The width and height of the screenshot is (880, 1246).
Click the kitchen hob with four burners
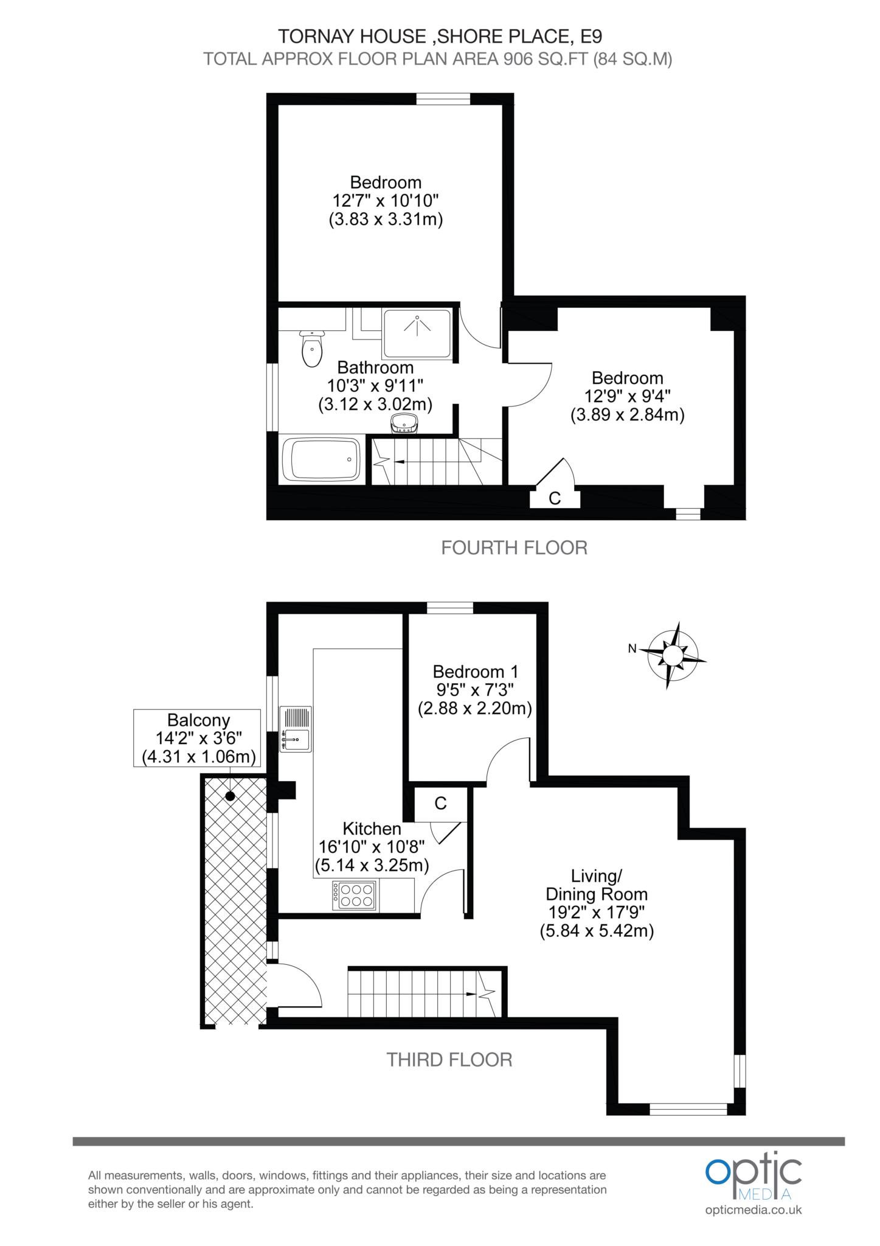click(355, 896)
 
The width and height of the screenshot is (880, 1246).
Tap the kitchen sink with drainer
click(296, 729)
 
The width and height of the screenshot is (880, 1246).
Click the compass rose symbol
click(672, 655)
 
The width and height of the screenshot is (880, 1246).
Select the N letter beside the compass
click(632, 649)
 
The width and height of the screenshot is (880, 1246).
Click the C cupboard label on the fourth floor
click(555, 498)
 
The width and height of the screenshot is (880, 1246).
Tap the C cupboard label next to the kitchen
click(440, 803)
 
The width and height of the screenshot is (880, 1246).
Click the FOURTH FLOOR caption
click(514, 548)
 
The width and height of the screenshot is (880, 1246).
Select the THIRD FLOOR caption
click(449, 1060)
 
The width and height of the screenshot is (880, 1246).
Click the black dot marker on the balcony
click(230, 796)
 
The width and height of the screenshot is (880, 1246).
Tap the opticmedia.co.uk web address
click(754, 1209)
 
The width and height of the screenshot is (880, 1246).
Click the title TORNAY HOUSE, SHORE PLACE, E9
click(440, 37)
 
